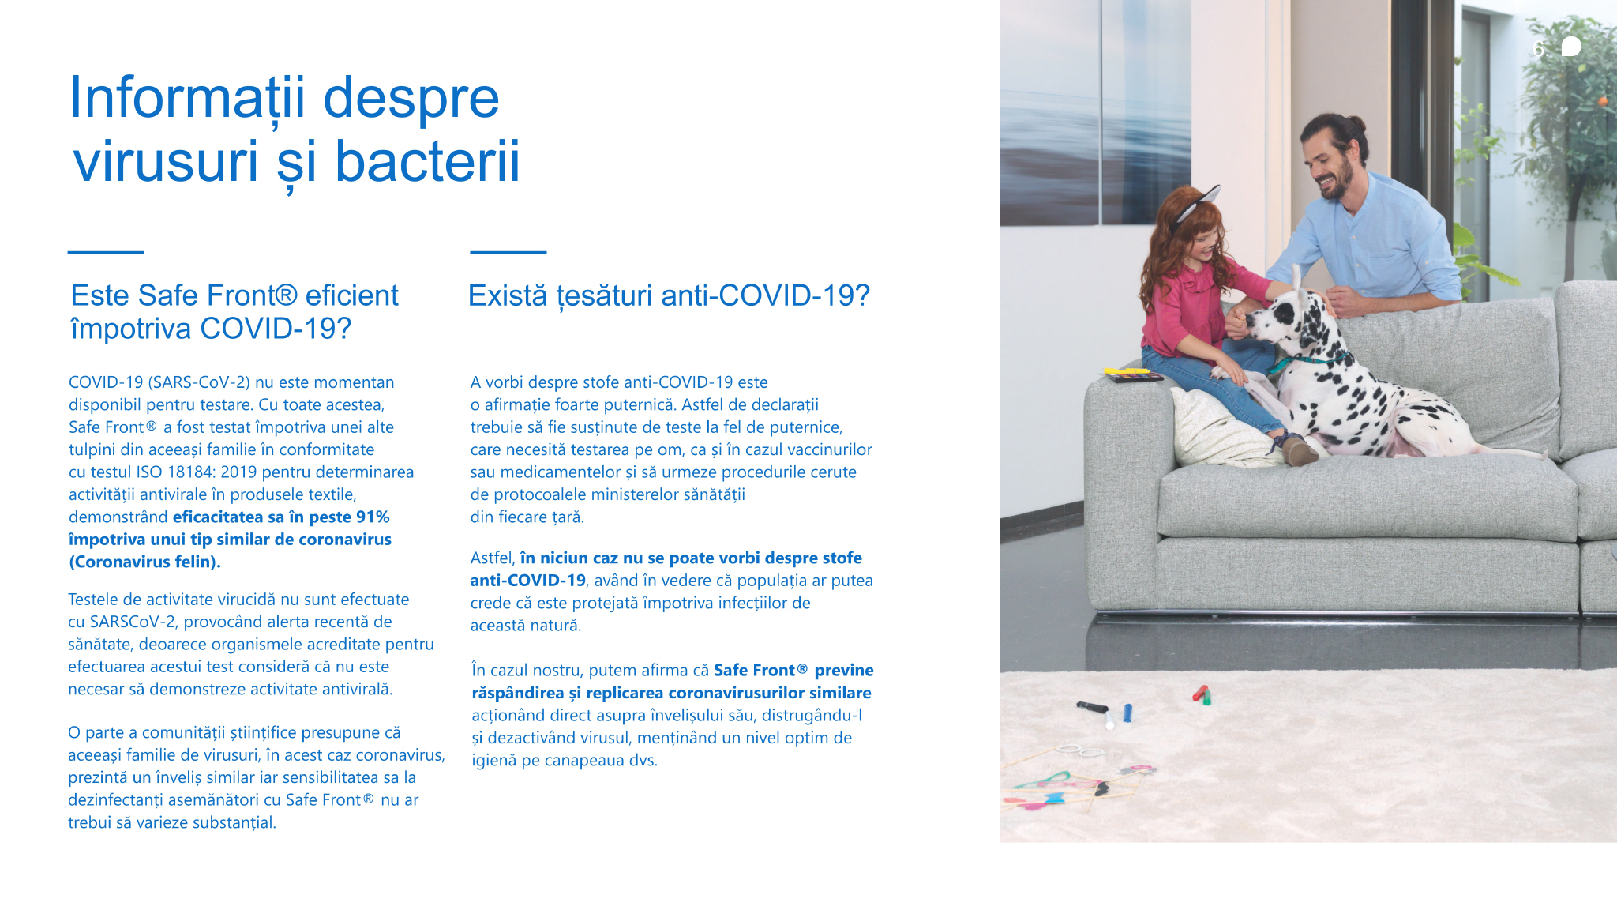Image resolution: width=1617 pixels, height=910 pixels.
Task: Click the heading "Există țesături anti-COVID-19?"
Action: pos(669,296)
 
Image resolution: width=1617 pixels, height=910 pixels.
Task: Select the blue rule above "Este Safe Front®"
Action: pos(106,252)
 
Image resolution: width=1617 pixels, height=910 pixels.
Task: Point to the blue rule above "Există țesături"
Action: pos(508,252)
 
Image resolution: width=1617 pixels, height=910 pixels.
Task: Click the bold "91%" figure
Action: pos(372,517)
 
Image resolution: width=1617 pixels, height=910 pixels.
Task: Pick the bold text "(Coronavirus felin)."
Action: pos(145,562)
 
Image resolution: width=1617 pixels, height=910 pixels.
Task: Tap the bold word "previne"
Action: pos(844,671)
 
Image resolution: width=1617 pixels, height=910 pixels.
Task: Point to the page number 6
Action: pos(1538,49)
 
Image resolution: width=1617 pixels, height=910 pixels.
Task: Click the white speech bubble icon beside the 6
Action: pos(1571,47)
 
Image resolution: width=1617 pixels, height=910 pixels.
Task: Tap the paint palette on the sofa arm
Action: pos(1133,375)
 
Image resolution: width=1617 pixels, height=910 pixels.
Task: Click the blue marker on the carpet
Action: pos(1127,713)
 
